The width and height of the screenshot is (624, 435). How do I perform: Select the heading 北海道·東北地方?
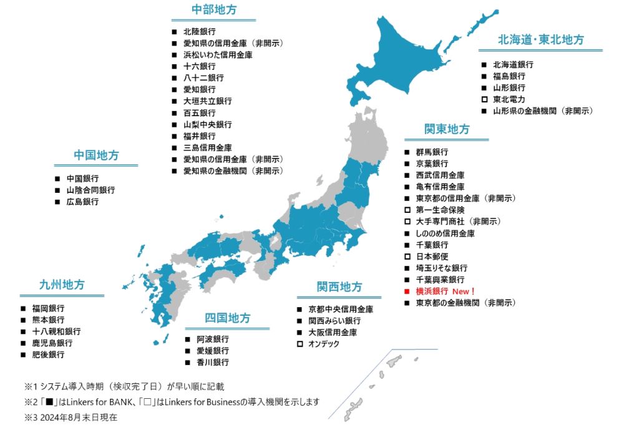(x=540, y=39)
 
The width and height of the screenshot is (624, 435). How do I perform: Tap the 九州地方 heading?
(x=61, y=285)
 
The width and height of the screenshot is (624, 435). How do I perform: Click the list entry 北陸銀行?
(x=199, y=31)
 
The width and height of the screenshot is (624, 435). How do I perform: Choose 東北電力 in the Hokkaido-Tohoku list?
(x=509, y=99)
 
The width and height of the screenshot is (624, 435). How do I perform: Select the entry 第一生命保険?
(x=440, y=210)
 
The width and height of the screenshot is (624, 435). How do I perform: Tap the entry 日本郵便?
(x=432, y=257)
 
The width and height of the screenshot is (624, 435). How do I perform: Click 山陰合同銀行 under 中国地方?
(x=90, y=190)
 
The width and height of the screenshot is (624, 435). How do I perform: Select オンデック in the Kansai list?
(x=323, y=344)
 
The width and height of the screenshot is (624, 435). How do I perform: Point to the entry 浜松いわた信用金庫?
(x=218, y=55)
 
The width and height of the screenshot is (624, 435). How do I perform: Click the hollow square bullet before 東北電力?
(x=484, y=99)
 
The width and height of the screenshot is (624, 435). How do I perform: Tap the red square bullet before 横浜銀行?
(x=406, y=291)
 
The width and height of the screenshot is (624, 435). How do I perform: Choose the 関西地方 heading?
(x=339, y=286)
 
